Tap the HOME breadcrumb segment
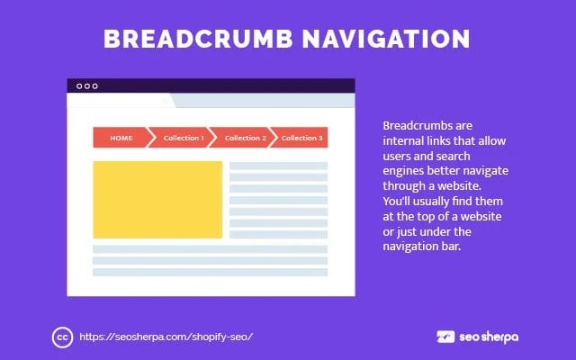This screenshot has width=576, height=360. point(121,138)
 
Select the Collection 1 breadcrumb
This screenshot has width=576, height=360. point(183,138)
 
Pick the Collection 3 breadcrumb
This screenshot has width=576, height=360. point(301,138)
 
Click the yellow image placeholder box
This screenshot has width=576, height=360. point(157,200)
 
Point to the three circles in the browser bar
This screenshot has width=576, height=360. point(87,86)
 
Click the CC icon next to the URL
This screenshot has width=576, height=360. point(62,337)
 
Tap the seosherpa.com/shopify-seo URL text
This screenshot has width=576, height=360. point(166,337)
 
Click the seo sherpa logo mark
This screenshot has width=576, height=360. point(445,337)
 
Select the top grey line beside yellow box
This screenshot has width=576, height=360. point(278,166)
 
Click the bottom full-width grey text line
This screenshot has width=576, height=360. point(210,272)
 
